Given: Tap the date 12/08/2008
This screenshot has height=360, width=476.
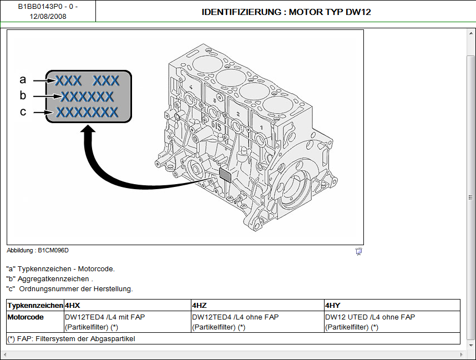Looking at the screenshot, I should point(48,16).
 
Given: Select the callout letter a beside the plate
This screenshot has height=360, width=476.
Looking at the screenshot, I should point(23,79).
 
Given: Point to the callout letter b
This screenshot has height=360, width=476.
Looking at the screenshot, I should point(23,95).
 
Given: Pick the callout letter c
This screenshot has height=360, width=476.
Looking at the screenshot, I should point(23,111).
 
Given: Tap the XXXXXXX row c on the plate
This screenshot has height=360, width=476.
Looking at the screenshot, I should point(88,113).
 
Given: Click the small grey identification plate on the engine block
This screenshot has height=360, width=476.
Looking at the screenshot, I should point(226,175).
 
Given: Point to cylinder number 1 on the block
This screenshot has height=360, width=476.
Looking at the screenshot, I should point(261,127).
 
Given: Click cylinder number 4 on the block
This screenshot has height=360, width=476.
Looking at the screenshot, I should point(191,88).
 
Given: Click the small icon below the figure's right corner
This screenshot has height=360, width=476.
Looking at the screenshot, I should point(358,251).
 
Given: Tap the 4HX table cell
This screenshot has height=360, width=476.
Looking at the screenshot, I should point(73,305).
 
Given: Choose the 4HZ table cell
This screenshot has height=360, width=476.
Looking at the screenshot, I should point(200,305).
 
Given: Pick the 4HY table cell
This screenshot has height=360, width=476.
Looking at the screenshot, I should point(333,305).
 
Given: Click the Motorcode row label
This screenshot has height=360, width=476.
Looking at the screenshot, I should point(26,317).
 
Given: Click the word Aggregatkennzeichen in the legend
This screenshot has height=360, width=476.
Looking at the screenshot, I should point(54,278).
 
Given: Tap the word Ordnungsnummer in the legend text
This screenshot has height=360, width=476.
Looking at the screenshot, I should point(49,288).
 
